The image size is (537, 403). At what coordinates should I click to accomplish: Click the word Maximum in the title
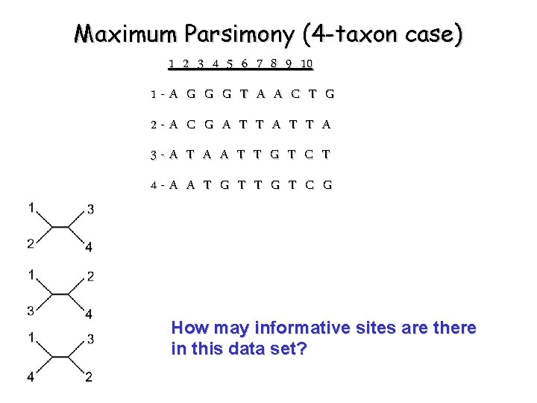[127, 34]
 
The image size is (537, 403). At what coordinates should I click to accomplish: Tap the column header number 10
[306, 63]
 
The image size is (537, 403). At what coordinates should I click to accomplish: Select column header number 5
[230, 63]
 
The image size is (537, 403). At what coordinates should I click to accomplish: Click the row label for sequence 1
[153, 95]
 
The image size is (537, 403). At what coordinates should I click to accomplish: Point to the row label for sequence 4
[153, 186]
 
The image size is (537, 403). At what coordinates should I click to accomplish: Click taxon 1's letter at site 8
[295, 94]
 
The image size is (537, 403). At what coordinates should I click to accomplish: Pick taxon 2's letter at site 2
[191, 125]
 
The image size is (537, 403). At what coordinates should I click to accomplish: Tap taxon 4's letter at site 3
[207, 186]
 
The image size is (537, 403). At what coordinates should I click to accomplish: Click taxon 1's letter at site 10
[329, 94]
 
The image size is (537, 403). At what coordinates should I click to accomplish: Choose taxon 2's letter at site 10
[327, 125]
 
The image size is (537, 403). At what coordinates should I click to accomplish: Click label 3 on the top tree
[89, 210]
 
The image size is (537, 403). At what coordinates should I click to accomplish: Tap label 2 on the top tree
[31, 243]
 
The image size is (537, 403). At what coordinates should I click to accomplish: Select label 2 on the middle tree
[89, 277]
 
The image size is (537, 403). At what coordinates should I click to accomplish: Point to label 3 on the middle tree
[31, 310]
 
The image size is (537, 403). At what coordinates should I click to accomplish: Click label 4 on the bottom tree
[31, 377]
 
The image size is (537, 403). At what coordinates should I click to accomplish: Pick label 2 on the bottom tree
[89, 377]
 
